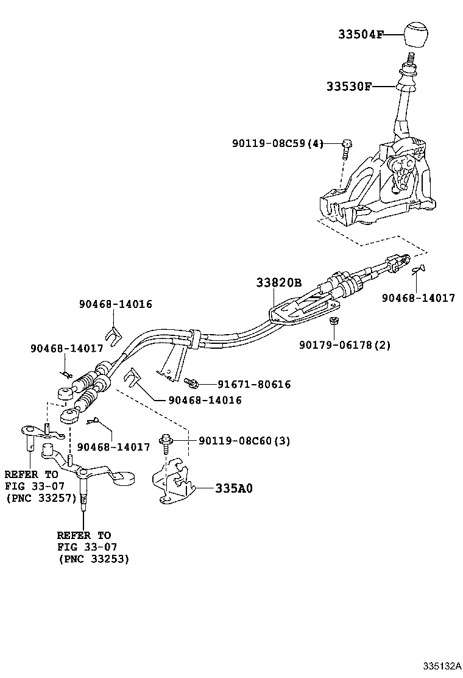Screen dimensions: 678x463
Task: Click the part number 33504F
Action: click(x=361, y=35)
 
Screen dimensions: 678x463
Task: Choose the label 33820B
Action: click(x=278, y=284)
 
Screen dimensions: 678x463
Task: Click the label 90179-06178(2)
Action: click(x=345, y=345)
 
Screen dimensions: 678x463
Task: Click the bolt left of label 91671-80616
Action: click(x=191, y=382)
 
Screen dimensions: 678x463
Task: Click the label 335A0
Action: click(x=233, y=488)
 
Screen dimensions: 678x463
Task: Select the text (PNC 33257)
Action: click(x=41, y=498)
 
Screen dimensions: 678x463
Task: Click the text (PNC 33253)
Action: click(x=93, y=558)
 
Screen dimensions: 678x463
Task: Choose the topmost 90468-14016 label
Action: click(x=115, y=304)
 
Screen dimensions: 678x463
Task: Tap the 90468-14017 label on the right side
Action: click(x=419, y=298)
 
